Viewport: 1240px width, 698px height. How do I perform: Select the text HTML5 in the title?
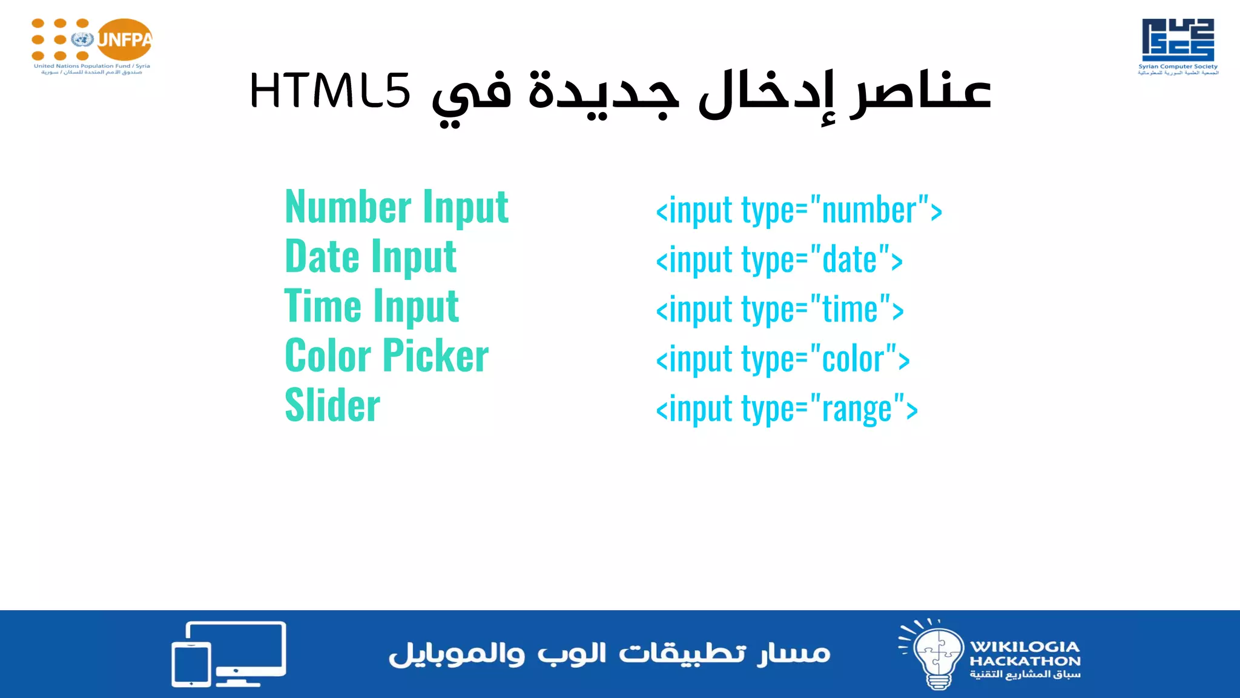click(330, 91)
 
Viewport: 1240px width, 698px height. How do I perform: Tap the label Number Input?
click(397, 207)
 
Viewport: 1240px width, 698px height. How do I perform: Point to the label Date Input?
click(371, 257)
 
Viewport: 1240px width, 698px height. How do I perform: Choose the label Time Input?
click(372, 307)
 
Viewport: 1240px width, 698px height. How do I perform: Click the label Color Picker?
click(386, 356)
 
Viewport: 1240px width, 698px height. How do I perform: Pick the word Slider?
click(332, 405)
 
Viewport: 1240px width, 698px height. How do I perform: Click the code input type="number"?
click(799, 211)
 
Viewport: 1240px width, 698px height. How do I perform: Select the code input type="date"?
click(779, 261)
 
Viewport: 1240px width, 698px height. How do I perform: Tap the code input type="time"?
click(780, 310)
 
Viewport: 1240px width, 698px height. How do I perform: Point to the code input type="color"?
click(783, 360)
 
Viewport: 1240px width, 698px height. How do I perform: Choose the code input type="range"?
click(787, 410)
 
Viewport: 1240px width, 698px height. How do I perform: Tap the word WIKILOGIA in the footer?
click(1024, 646)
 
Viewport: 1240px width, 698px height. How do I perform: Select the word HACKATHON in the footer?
click(1024, 661)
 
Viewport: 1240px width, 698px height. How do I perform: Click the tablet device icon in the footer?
click(191, 664)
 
